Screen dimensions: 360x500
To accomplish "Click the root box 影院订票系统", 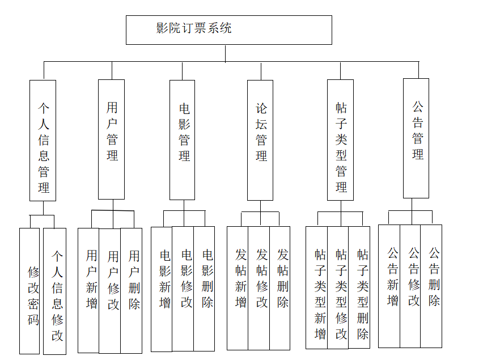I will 228,30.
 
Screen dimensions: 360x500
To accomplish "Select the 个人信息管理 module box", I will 43,140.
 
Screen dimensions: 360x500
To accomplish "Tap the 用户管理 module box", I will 112,139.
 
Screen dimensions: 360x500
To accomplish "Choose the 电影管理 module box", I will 183,139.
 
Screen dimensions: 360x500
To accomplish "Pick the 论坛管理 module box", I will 260,140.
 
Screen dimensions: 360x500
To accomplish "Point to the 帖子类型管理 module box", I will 340,140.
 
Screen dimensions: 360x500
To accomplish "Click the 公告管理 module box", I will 416,138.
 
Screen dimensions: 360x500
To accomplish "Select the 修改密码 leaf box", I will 29,291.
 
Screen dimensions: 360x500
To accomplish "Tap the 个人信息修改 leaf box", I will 55,291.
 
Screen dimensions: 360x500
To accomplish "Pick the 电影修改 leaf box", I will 183,289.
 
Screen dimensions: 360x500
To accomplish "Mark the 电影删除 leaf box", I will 204,289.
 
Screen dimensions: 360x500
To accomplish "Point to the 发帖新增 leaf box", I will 238,288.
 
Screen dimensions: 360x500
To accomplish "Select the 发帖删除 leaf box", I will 280,288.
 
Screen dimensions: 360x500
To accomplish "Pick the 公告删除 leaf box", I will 431,286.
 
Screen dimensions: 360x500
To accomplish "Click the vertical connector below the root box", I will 226,53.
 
